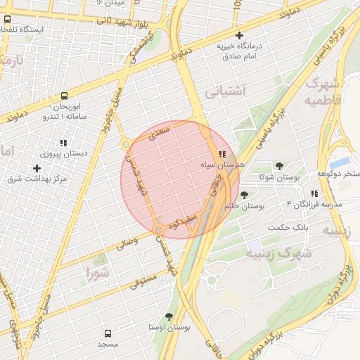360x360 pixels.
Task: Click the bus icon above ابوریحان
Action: [x=65, y=96]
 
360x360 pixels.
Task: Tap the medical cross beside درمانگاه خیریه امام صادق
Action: [x=239, y=35]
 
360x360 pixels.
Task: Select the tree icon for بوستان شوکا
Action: [x=280, y=165]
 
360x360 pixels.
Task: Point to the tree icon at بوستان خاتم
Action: [x=244, y=195]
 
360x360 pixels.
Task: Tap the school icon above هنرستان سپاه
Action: [x=222, y=153]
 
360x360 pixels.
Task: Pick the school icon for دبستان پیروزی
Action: [x=63, y=142]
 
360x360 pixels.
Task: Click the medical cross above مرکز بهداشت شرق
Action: [x=37, y=168]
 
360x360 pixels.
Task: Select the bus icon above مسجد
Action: [x=108, y=333]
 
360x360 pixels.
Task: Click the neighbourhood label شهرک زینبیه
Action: [x=275, y=252]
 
